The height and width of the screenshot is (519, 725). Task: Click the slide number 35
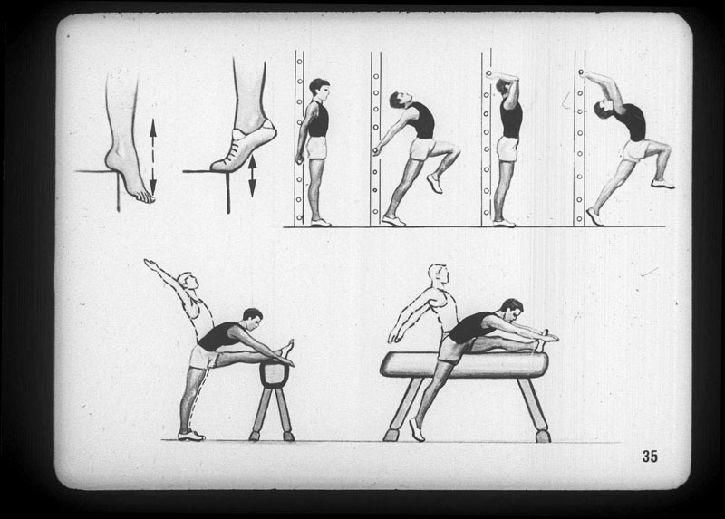tap(650, 457)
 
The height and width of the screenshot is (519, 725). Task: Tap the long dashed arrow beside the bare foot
tap(153, 157)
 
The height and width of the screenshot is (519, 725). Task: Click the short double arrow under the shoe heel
tap(252, 176)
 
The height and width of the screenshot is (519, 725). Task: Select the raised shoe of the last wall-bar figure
tap(663, 185)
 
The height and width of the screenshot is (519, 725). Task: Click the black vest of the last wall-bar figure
tap(633, 121)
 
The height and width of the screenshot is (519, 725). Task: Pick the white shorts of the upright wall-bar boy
tap(316, 148)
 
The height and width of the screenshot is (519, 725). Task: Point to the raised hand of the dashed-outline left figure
tap(150, 264)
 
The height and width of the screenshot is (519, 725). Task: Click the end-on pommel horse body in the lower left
tap(274, 374)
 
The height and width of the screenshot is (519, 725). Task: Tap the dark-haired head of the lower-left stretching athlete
tap(252, 319)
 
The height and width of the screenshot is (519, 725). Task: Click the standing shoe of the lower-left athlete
tap(191, 436)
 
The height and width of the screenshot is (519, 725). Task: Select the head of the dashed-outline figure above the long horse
tap(439, 275)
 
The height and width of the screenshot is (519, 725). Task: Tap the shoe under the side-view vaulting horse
tap(417, 430)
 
